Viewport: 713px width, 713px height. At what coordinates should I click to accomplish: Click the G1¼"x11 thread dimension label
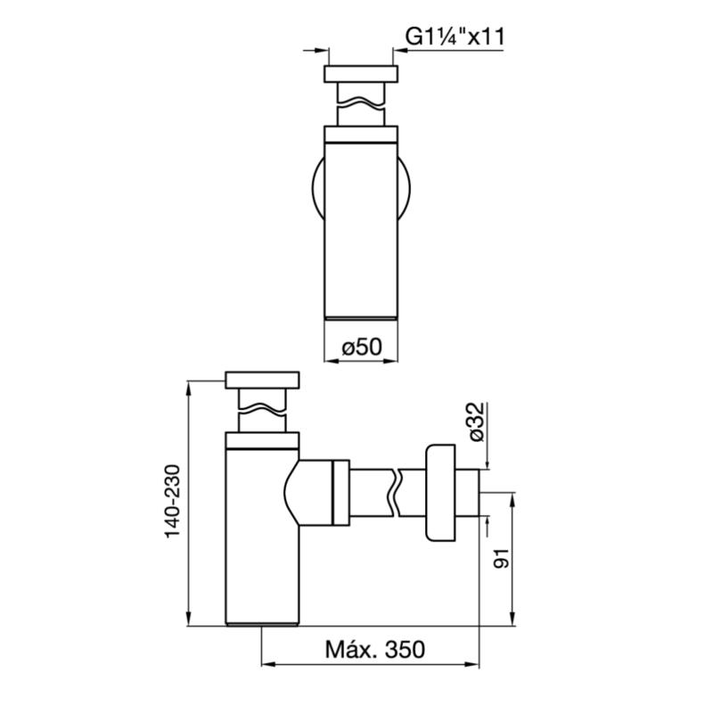tap(455, 37)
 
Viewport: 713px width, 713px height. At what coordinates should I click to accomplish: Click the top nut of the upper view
tap(360, 73)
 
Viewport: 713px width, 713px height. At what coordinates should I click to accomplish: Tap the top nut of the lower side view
tap(262, 379)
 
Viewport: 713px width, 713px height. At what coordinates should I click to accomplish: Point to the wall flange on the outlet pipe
tap(440, 492)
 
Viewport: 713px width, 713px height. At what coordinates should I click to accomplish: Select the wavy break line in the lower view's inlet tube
tap(262, 412)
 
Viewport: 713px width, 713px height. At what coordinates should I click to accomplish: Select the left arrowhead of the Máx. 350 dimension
tap(266, 665)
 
